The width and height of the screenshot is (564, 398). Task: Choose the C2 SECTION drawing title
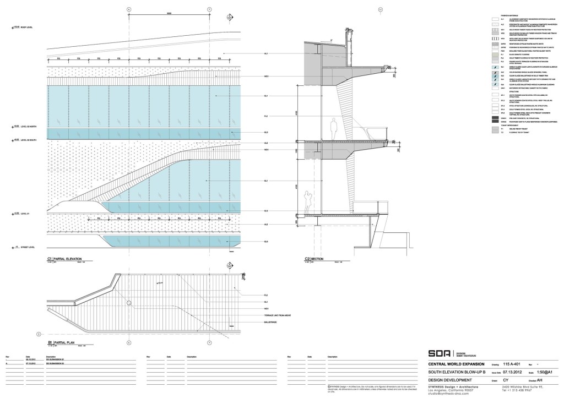point(316,258)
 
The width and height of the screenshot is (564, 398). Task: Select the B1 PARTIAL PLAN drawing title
point(60,342)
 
